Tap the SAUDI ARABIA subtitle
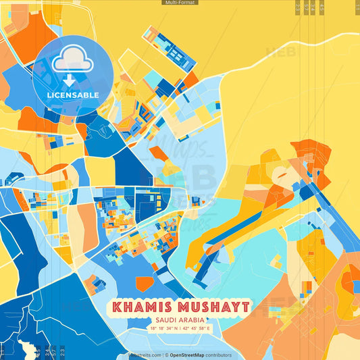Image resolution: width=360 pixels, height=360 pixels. click(180, 320)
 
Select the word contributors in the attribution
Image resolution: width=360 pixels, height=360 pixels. click(218, 355)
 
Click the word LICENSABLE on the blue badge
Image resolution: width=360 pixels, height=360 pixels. click(72, 95)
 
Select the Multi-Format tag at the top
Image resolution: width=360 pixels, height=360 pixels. click(180, 3)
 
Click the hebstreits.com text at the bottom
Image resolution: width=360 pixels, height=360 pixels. click(145, 355)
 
